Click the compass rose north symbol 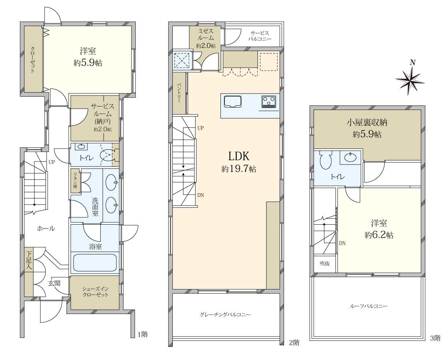[410, 80]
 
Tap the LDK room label [239, 156]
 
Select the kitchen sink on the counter [232, 102]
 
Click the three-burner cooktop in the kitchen [269, 102]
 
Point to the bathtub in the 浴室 [95, 262]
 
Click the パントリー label [179, 93]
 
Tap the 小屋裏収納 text [367, 123]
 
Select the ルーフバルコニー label [369, 306]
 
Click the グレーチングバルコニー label [225, 315]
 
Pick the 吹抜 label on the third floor [325, 263]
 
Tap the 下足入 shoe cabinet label [29, 261]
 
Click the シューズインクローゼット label [95, 292]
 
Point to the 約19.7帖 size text [239, 169]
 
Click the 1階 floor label [143, 334]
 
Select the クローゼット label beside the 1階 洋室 [33, 60]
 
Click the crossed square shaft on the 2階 [182, 60]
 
